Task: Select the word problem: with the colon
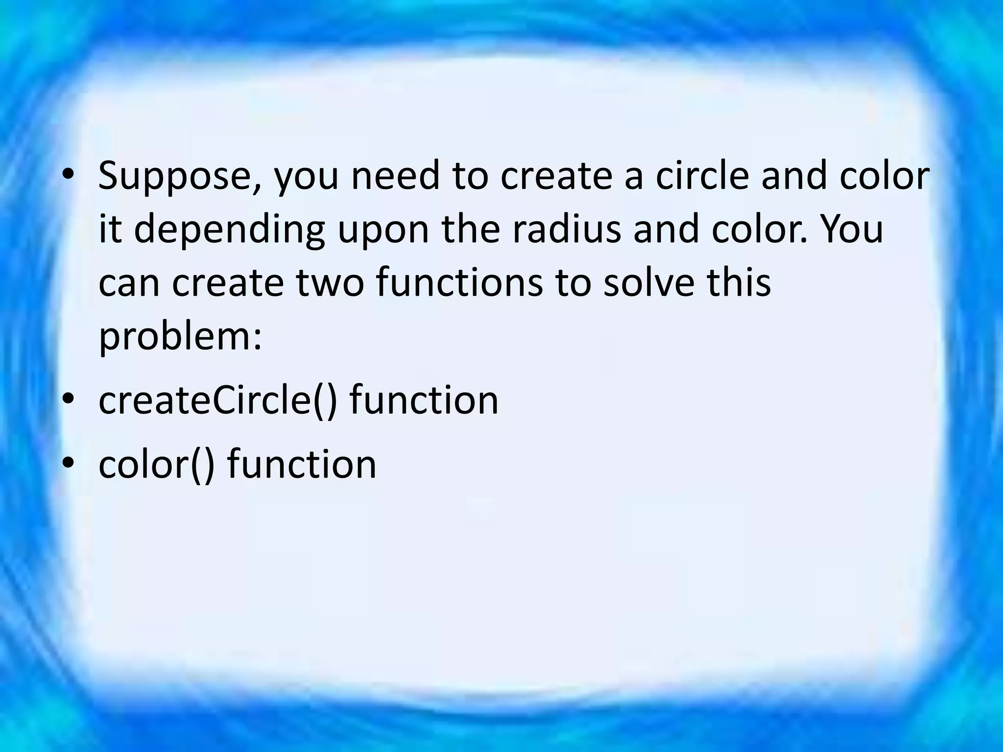(180, 338)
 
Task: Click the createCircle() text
(218, 400)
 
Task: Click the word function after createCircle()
(424, 400)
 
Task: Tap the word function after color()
(302, 464)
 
